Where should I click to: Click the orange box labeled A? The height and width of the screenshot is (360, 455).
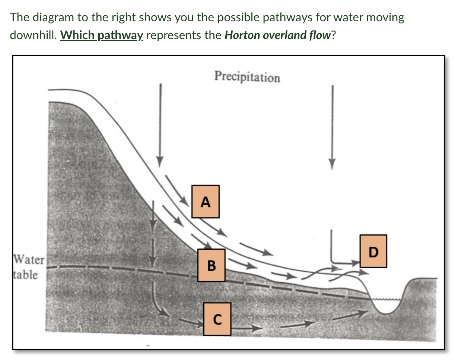tap(205, 201)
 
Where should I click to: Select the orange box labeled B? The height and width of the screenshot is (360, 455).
tap(211, 265)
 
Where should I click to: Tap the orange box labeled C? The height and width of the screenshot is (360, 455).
tap(217, 319)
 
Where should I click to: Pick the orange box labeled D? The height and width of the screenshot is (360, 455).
tap(373, 251)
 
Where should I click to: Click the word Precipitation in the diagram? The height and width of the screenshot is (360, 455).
tap(247, 77)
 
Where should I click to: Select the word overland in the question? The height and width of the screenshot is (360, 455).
tap(278, 35)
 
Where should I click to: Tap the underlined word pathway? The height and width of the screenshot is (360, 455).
tap(121, 35)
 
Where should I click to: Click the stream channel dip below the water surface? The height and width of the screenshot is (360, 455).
tap(386, 307)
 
